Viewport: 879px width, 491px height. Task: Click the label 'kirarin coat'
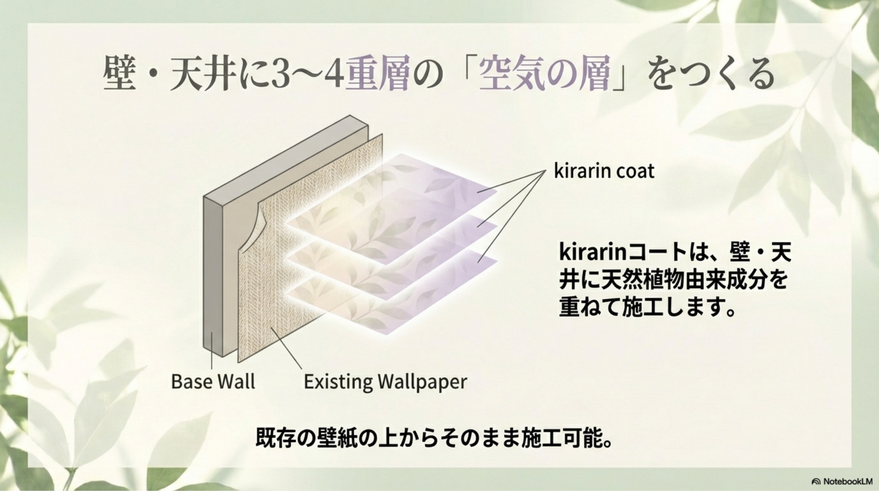click(x=604, y=171)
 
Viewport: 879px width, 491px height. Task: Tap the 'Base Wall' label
click(x=213, y=382)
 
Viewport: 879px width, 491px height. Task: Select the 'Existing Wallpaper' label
click(x=385, y=382)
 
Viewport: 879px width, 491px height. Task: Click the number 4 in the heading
click(x=334, y=75)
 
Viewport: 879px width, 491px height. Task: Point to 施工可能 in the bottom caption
click(x=559, y=437)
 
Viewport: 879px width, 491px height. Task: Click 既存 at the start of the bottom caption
click(x=276, y=437)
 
